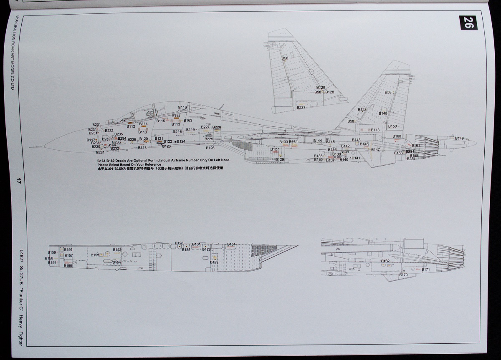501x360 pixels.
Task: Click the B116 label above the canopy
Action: point(182,108)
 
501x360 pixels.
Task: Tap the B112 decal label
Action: point(131,126)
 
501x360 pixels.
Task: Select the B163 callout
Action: point(188,121)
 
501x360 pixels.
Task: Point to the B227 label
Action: point(205,127)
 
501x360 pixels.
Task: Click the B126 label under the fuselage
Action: point(210,148)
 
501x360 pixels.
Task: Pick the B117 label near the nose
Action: point(91,140)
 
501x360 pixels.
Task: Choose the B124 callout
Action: point(181,142)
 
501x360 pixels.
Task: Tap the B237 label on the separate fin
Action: point(301,108)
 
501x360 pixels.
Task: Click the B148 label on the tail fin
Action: point(383,113)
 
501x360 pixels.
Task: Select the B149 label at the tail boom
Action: point(459,138)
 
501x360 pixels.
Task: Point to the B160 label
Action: point(397,136)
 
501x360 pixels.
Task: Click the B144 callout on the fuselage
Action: point(318,141)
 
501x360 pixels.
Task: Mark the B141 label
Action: point(356,158)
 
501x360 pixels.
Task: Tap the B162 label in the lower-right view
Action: point(385,261)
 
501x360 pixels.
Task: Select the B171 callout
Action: point(425,270)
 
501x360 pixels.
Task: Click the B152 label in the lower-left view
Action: point(117,250)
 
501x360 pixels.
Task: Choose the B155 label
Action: point(68,266)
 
